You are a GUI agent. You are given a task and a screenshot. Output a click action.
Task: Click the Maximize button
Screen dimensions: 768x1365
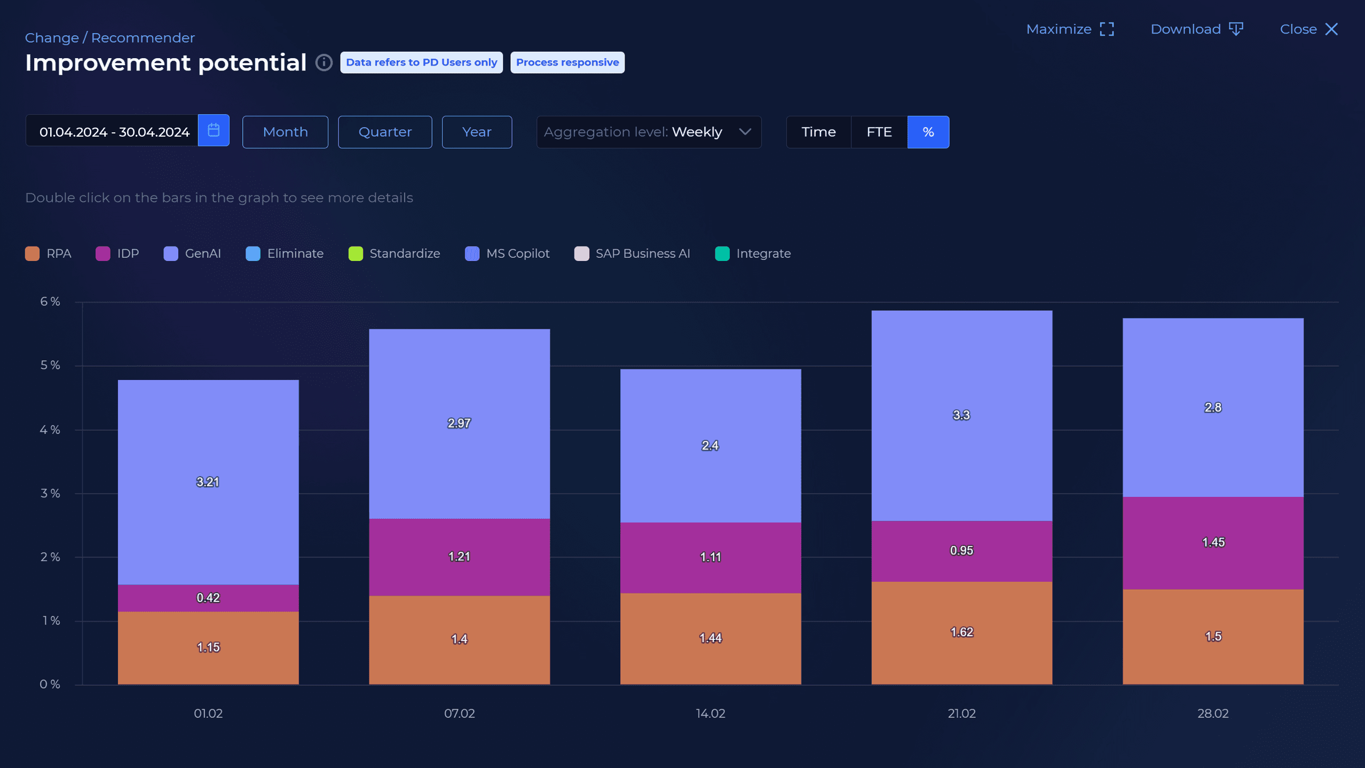(1069, 29)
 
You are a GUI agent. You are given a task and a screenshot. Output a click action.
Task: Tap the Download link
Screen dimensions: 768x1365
(1196, 29)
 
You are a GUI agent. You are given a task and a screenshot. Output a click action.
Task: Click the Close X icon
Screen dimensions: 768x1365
(1331, 29)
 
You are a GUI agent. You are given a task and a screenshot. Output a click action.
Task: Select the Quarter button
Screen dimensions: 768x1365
(384, 132)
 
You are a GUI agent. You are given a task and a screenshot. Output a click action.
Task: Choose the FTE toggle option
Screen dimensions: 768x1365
(879, 132)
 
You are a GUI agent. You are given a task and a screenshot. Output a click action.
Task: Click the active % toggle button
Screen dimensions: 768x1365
(928, 132)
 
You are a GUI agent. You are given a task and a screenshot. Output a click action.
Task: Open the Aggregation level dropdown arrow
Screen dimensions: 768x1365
(745, 132)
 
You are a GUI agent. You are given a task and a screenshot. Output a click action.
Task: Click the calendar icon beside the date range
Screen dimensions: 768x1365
(214, 130)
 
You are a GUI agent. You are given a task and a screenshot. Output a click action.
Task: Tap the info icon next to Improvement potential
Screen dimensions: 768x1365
(324, 62)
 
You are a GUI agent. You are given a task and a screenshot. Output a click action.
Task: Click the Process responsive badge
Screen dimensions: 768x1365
(567, 62)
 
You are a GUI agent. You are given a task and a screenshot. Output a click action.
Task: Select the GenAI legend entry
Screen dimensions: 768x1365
(192, 254)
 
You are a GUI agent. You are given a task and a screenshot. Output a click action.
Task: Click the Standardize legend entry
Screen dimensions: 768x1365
(394, 254)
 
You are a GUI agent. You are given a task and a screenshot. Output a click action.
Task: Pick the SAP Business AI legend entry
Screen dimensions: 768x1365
(632, 254)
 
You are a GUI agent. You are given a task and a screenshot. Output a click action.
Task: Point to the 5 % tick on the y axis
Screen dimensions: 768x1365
(50, 366)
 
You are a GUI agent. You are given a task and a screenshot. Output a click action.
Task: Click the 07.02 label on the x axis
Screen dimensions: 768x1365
(459, 714)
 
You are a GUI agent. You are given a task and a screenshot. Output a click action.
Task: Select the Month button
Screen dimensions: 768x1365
(285, 132)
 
